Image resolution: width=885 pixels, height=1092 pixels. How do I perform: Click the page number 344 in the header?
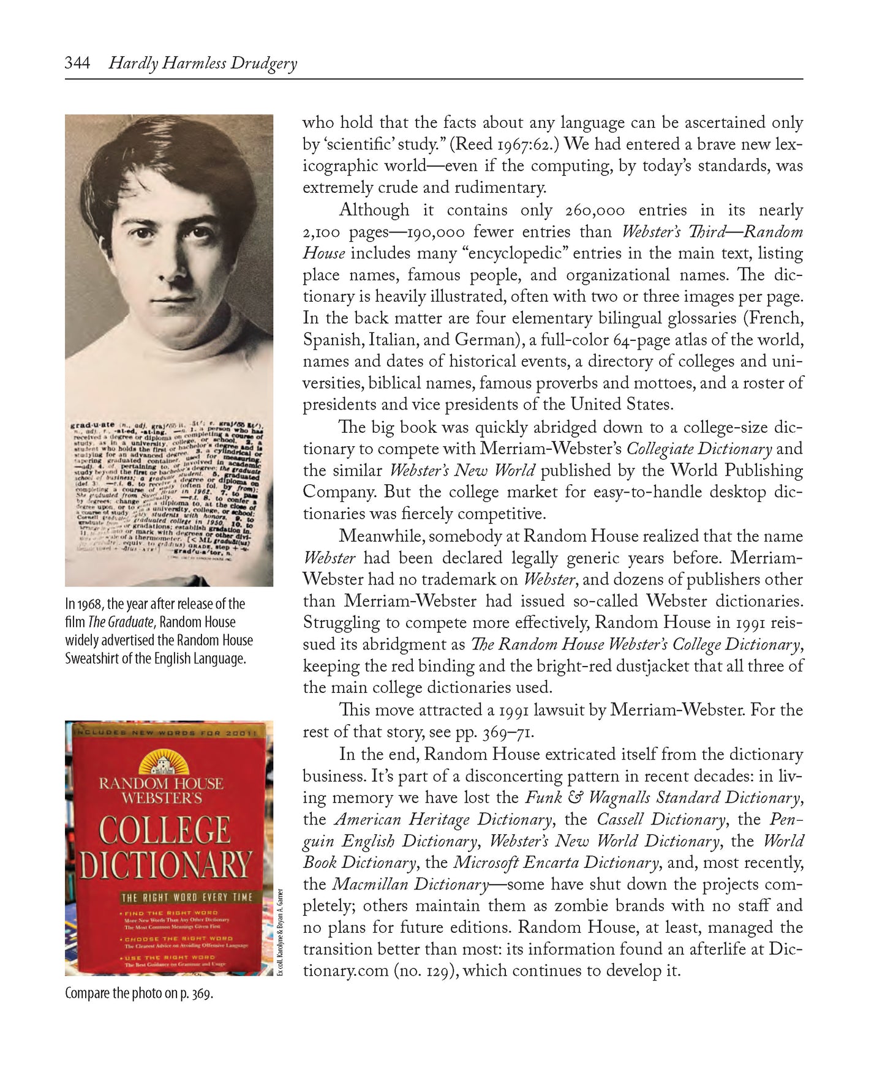[77, 63]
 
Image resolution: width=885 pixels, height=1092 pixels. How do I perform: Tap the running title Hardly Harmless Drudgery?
[203, 64]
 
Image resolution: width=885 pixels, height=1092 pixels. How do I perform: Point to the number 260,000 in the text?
[595, 211]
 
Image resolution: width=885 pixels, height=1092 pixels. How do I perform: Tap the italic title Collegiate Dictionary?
[699, 449]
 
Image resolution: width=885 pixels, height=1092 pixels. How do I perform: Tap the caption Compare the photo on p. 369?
[139, 993]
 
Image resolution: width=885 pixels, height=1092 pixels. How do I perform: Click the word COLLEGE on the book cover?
[165, 831]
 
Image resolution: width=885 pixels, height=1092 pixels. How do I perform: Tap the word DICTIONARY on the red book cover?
[166, 865]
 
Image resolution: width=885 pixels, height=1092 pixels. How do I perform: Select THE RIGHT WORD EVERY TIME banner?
[187, 897]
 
